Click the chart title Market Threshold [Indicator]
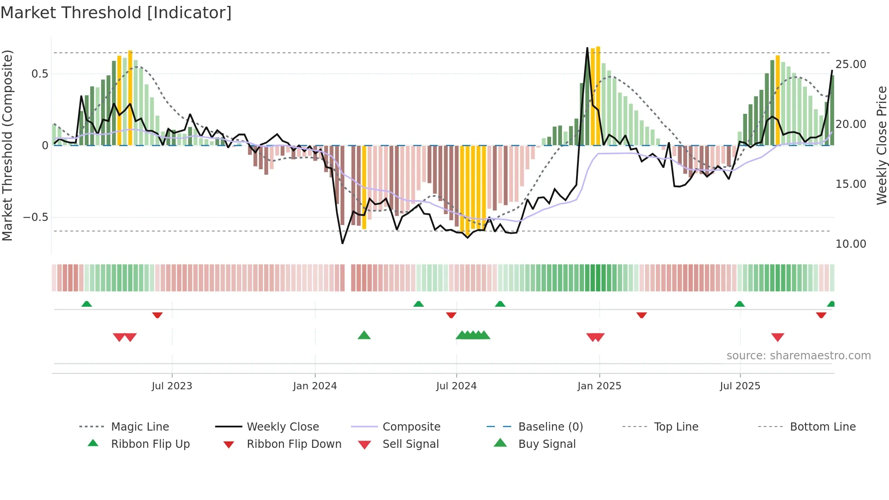pos(116,13)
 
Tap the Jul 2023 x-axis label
pos(172,386)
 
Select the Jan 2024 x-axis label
pos(315,386)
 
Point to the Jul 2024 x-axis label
pos(456,386)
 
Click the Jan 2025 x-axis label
pos(599,386)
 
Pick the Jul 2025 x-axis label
pos(740,386)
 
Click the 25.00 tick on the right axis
pos(850,64)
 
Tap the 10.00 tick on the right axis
pos(850,244)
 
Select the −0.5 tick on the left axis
pos(36,217)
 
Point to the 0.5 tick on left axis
pos(39,74)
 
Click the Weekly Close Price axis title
pos(881,145)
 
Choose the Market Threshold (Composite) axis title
pos(7,145)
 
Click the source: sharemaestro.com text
pos(798,356)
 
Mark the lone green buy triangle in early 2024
pos(364,335)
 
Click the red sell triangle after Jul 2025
pos(777,337)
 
